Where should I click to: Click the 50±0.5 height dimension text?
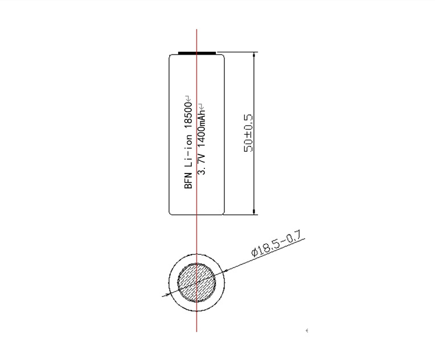tap(248, 133)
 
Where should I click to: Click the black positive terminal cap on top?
tap(196, 53)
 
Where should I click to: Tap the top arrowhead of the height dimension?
tap(254, 55)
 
